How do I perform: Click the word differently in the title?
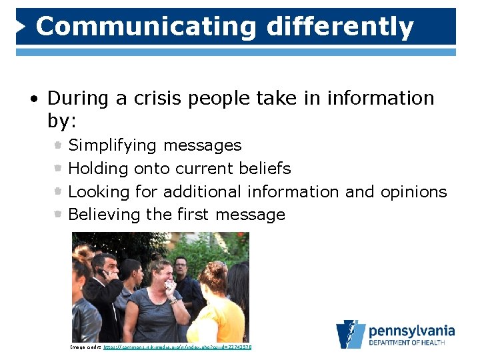(x=340, y=27)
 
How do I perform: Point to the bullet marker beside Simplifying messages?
(x=59, y=145)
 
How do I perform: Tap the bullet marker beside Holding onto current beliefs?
(x=59, y=168)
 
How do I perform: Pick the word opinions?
(x=413, y=192)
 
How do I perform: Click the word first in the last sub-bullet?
(x=193, y=215)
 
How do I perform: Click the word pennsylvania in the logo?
(x=411, y=331)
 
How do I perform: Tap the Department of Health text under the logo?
(x=411, y=344)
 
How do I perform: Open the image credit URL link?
(x=177, y=347)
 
